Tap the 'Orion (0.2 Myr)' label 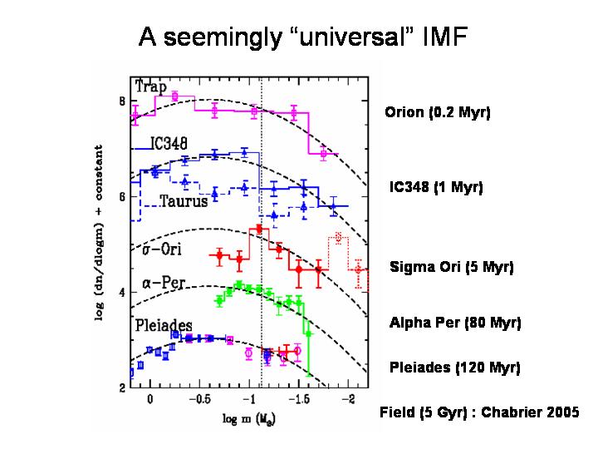point(438,112)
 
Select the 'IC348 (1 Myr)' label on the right point(436,187)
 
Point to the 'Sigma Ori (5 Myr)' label point(452,268)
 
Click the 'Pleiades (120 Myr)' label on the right point(454,367)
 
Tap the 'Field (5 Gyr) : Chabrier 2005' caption point(479,412)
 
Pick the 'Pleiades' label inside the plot point(164,324)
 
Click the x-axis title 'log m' point(251,415)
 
